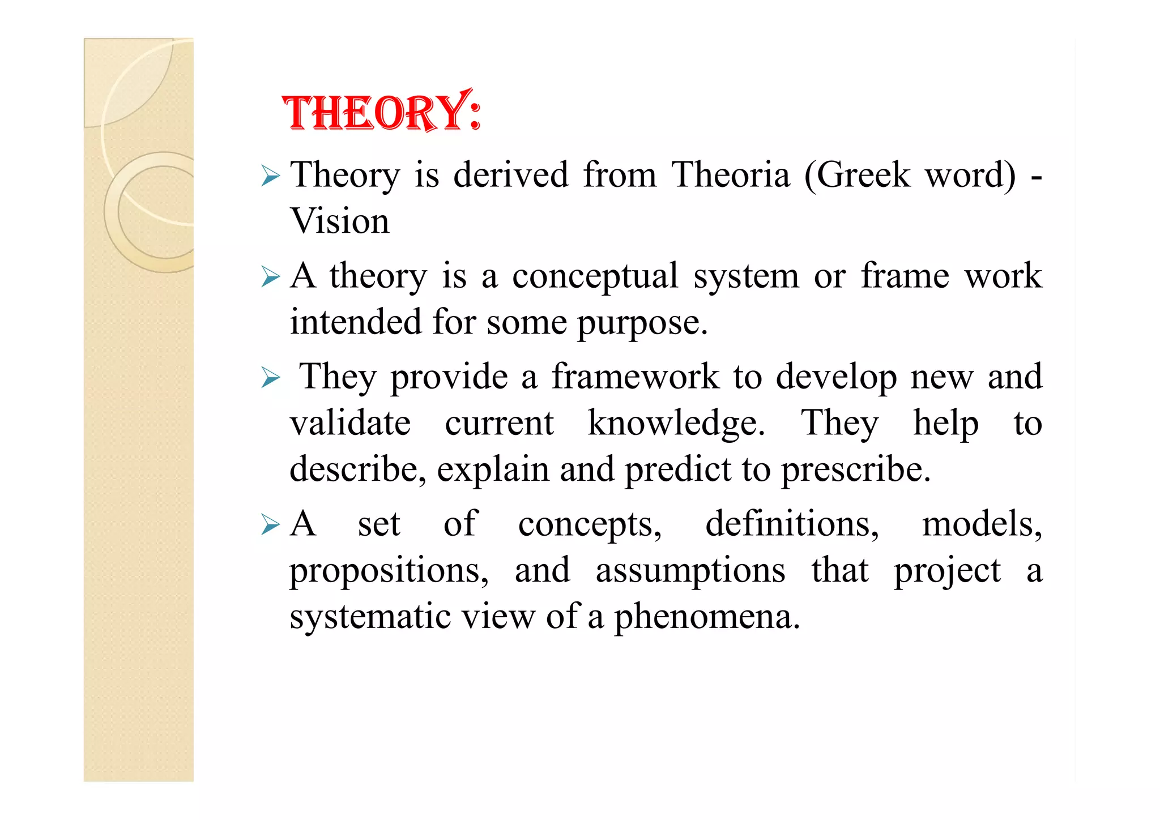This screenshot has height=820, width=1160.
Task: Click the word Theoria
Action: [731, 175]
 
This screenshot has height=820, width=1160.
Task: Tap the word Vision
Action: [340, 221]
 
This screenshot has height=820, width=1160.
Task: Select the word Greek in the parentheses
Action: [863, 175]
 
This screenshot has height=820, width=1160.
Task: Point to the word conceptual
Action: [595, 277]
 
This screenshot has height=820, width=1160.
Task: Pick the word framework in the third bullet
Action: [635, 377]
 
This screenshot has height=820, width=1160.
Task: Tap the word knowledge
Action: [676, 424]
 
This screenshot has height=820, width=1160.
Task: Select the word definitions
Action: [792, 524]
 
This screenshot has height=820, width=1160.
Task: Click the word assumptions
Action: [690, 571]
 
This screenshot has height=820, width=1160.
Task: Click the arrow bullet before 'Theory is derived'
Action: [271, 177]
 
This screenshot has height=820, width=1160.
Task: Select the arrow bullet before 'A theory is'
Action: [271, 278]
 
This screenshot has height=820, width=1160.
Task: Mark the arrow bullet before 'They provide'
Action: [271, 378]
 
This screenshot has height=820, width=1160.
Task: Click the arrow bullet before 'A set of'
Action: [271, 526]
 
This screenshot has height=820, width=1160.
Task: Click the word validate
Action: [350, 424]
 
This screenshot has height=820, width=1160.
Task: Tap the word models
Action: [982, 524]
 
